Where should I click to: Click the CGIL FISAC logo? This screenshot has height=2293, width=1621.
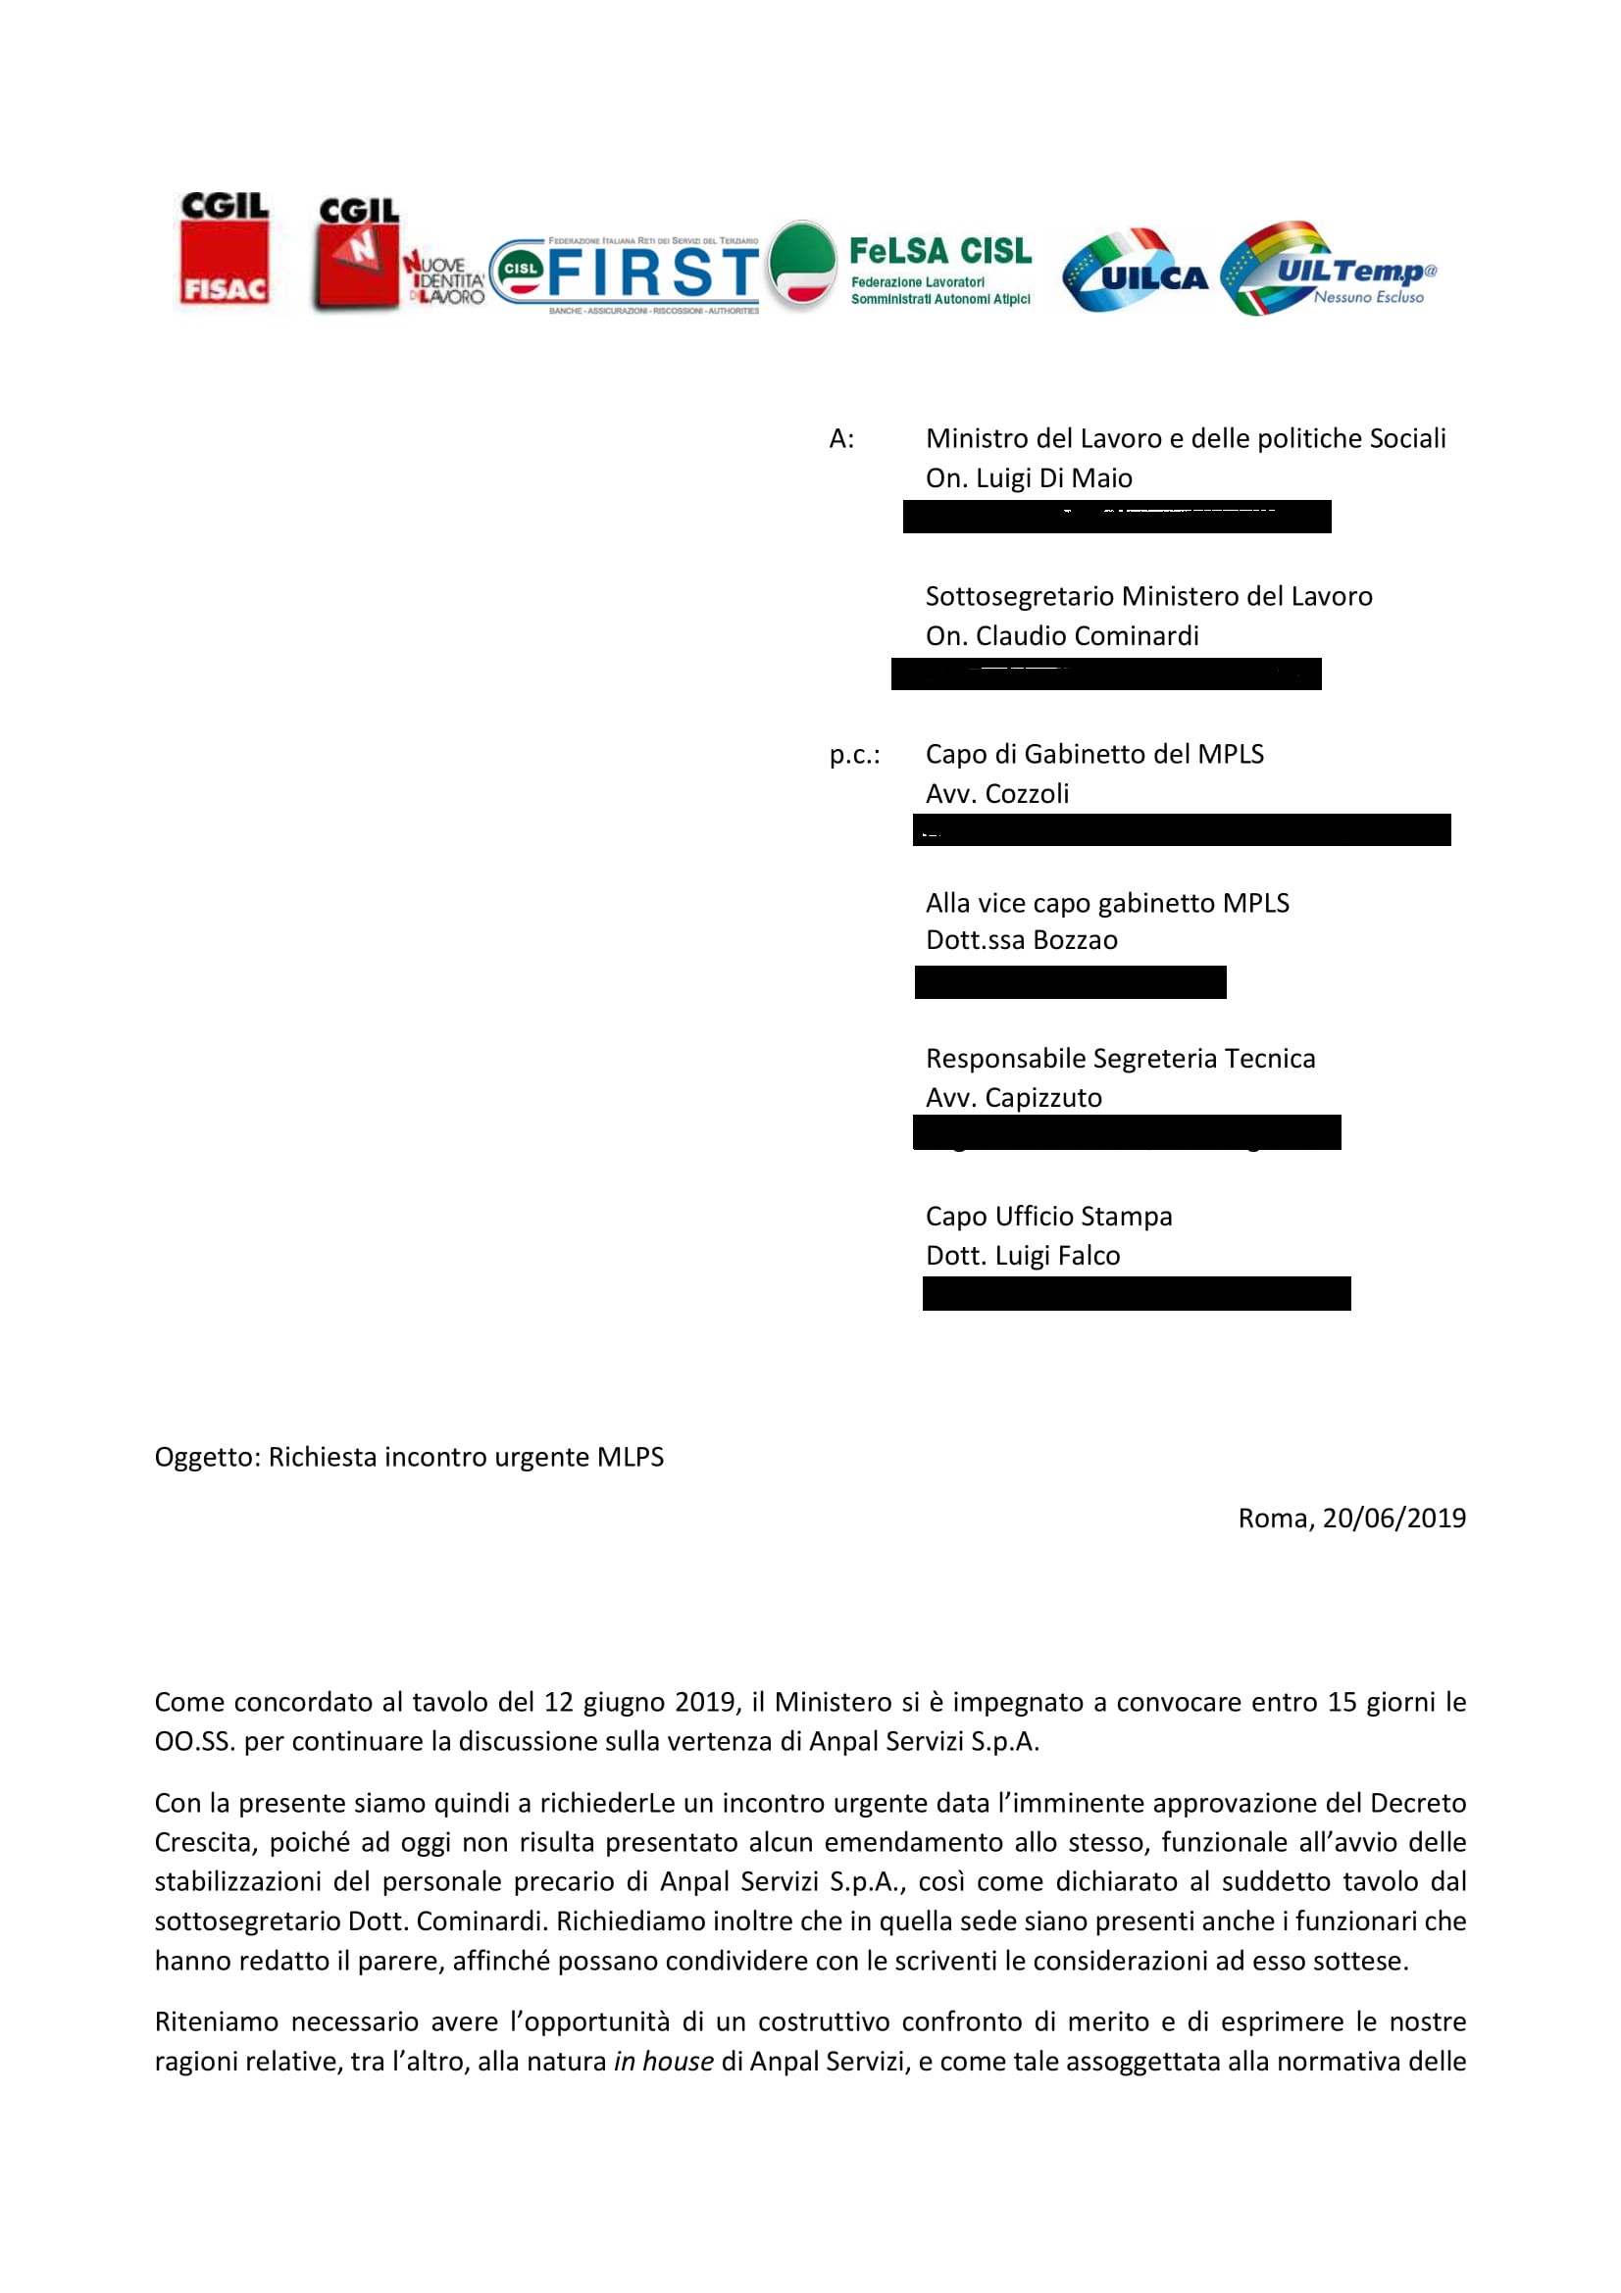(224, 250)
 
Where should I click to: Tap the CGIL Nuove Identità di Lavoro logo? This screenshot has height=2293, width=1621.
(397, 255)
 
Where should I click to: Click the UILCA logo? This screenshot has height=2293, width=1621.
(1134, 272)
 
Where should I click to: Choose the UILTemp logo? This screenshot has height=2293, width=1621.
(1329, 270)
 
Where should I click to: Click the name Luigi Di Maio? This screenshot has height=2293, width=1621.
(1054, 478)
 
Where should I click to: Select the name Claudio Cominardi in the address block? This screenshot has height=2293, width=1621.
(1087, 636)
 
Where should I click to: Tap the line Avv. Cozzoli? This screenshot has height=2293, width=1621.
(996, 794)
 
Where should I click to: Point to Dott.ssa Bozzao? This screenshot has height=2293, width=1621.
(1021, 941)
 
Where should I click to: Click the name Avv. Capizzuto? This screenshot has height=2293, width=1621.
(1014, 1098)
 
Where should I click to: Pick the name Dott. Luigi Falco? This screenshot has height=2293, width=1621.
(1023, 1256)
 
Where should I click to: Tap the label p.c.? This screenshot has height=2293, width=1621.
(854, 755)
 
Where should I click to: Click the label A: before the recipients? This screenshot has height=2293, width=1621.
(841, 439)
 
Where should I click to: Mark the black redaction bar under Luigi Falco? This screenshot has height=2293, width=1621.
(1136, 1293)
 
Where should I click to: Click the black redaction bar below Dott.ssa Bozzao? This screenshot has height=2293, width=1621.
(1070, 981)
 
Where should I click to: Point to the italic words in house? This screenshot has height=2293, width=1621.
(663, 2062)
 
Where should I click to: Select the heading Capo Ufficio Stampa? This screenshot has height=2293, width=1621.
(1048, 1217)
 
